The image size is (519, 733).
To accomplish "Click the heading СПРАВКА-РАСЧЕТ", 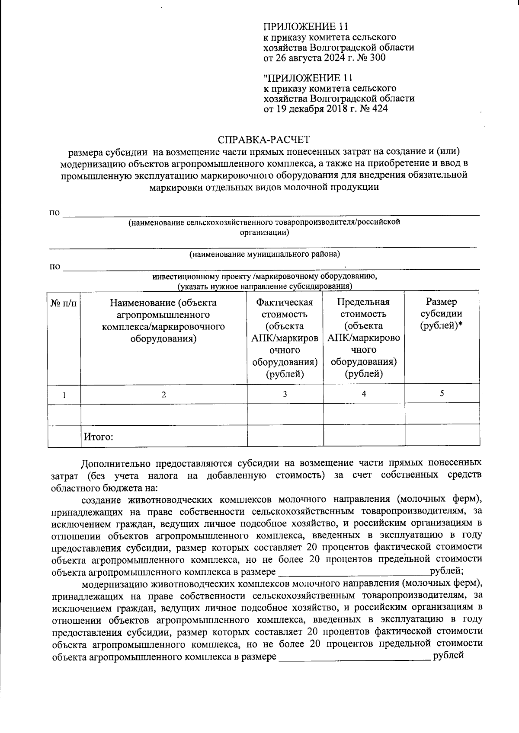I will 264,140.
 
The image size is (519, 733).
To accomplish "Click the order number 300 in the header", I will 377,57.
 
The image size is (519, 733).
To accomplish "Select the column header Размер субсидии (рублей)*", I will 441,313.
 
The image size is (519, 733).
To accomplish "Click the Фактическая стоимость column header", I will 285,338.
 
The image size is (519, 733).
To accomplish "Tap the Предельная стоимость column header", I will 364,338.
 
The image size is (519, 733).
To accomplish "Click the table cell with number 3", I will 285,394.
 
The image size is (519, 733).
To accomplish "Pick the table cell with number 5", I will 442,393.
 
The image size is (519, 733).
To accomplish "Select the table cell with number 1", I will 64,395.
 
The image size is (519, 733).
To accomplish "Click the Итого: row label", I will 99,437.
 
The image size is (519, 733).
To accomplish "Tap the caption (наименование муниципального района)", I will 264,254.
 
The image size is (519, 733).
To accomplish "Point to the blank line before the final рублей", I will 355,657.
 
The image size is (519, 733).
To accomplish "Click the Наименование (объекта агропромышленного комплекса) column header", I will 163,320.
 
